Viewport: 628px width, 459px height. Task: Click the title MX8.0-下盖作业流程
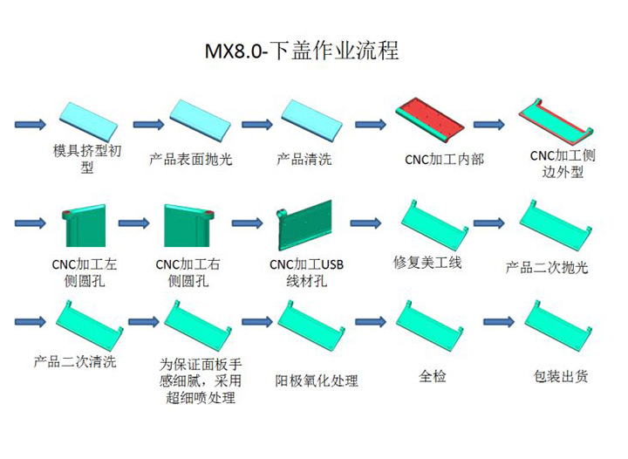coord(302,51)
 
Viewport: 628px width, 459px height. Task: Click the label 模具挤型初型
coord(87,159)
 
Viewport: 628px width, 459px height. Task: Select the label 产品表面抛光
coord(191,159)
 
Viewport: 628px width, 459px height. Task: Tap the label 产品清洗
coord(304,159)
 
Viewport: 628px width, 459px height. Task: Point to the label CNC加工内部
coord(444,160)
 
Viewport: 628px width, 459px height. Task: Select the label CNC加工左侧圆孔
coord(85,272)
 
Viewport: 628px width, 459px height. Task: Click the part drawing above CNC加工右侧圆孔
coord(188,225)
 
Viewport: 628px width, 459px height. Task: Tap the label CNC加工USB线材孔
coord(306,272)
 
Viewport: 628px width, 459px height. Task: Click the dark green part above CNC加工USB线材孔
coord(304,225)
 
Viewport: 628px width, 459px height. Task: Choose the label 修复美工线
coord(427,263)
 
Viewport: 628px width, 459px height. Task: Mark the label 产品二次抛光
coord(547,267)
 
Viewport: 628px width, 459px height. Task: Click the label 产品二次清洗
coord(75,361)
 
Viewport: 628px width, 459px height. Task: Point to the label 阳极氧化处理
coord(317,380)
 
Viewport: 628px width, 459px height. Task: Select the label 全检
coord(432,376)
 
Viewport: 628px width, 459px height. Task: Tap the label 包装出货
coord(561,376)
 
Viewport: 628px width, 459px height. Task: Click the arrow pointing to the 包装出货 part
coord(499,321)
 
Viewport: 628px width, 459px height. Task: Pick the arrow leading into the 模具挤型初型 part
coord(31,124)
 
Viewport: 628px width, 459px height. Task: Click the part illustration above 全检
coord(430,325)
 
